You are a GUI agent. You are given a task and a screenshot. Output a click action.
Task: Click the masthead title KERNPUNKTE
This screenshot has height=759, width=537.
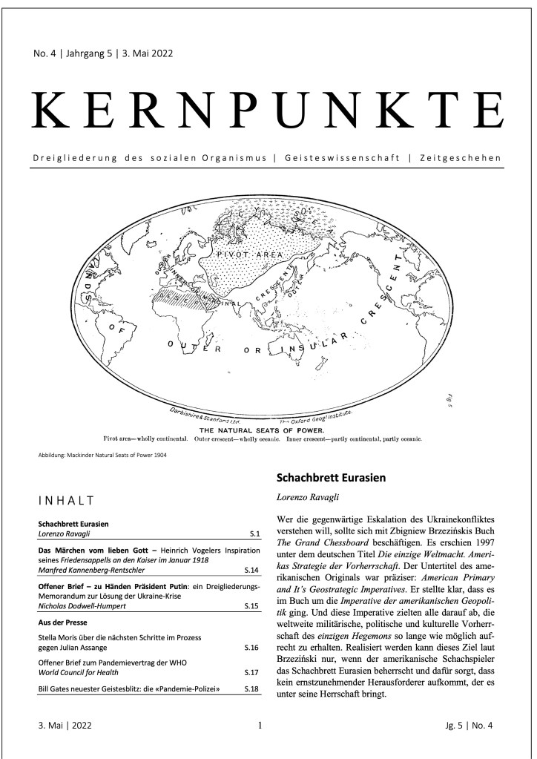coord(268,111)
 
